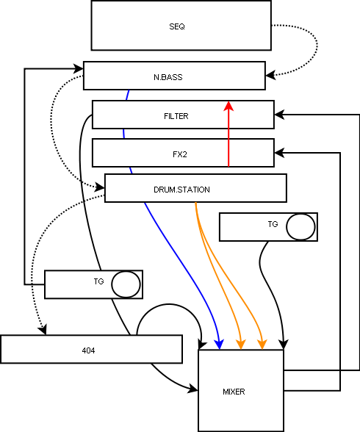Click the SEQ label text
pos(177,26)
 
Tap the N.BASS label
pos(168,77)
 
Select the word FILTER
pos(176,116)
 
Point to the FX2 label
pos(180,154)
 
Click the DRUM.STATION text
pos(181,190)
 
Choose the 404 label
pos(88,350)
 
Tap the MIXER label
pos(234,392)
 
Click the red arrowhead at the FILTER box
pos(228,106)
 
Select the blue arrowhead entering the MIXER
pos(219,345)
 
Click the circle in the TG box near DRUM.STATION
pos(300,227)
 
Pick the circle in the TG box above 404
pos(126,284)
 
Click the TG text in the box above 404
pos(98,281)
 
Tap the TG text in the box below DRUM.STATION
pos(273,224)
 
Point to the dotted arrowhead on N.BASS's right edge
pos(270,75)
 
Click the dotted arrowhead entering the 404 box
pos(43,330)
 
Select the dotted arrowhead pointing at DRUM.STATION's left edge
pos(100,187)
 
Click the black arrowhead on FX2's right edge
pos(279,153)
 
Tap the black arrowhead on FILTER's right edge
pos(279,115)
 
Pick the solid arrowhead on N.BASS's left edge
pos(79,68)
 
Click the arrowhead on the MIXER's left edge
pos(192,389)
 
